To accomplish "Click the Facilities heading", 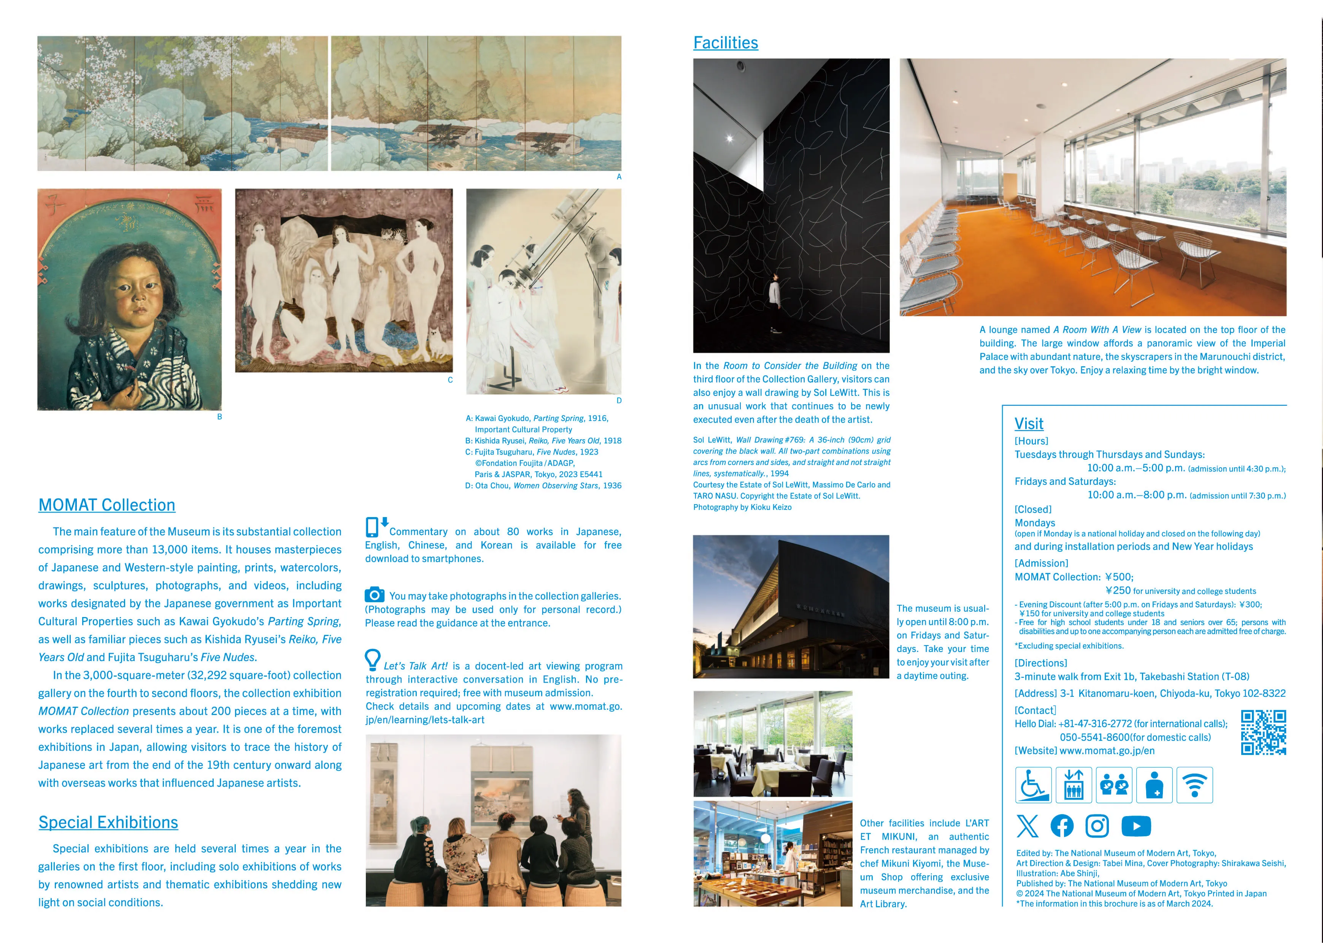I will (x=725, y=43).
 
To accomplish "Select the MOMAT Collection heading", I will (x=107, y=505).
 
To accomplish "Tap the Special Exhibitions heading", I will (x=108, y=822).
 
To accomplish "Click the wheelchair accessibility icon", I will (x=1033, y=785).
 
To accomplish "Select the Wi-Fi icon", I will (x=1194, y=785).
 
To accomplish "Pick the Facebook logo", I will (x=1062, y=826).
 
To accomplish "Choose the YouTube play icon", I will (x=1136, y=826).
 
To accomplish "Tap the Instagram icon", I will (x=1097, y=826).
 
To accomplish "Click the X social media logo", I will (x=1027, y=826).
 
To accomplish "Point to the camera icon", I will (x=375, y=595).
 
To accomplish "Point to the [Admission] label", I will (x=1041, y=563).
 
